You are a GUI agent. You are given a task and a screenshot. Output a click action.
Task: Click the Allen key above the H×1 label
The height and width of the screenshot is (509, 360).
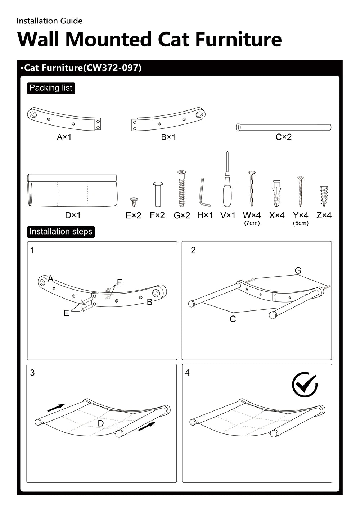coord(204,192)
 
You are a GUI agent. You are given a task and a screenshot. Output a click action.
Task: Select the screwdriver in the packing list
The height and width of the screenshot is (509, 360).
coord(227,183)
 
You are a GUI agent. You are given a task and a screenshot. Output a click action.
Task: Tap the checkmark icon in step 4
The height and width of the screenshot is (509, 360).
coord(305,385)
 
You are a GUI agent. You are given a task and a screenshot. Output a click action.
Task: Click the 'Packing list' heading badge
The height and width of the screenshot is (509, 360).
coord(51,88)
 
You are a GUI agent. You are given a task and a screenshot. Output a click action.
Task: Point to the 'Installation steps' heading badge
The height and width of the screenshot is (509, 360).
coord(61,232)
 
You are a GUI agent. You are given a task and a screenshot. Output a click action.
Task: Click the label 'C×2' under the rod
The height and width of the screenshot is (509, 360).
coord(283,137)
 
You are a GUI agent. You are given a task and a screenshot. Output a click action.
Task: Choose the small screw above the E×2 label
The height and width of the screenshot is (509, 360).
coord(134,202)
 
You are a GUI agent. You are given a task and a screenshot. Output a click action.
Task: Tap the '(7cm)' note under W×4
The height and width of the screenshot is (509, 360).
coord(252,223)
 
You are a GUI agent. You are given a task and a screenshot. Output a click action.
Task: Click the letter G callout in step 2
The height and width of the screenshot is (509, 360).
coord(298,271)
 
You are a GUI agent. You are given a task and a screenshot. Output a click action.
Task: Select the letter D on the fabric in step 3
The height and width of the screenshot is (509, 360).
coord(101,423)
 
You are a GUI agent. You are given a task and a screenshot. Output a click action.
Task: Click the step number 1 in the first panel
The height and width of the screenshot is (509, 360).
coord(32,250)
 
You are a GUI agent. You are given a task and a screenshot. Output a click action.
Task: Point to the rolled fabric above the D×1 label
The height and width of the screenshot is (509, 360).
coord(72,191)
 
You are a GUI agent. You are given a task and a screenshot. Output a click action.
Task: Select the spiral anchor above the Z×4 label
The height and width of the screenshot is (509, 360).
coord(324,196)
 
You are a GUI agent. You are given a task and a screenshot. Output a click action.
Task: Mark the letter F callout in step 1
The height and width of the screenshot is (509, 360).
coord(120,282)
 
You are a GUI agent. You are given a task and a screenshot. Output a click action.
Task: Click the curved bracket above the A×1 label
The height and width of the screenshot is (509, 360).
coord(64,118)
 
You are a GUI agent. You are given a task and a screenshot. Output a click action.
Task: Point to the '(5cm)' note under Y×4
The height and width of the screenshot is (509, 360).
coord(301,223)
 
